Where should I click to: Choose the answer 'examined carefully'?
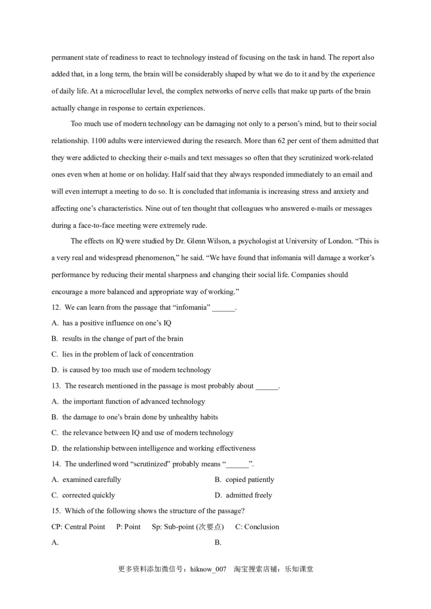tap(92, 479)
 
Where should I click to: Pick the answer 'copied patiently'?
tap(250, 479)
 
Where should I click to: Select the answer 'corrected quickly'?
tap(88, 495)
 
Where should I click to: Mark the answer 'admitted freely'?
tap(249, 495)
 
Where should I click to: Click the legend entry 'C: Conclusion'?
tap(257, 527)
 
